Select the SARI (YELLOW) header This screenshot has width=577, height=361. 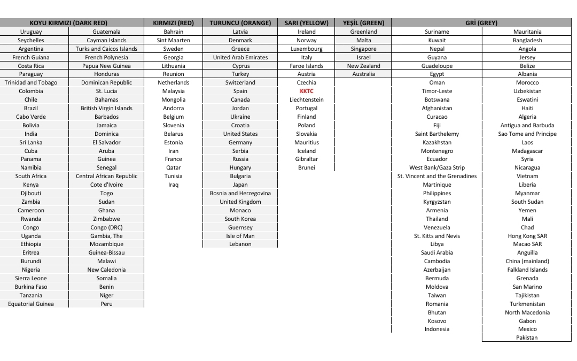(306, 23)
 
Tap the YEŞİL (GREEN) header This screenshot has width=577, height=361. (363, 23)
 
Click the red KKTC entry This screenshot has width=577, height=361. (306, 91)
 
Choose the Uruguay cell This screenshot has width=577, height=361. (31, 32)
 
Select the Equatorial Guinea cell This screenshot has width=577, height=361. (31, 304)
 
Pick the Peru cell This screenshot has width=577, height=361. (106, 304)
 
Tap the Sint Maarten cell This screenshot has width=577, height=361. (173, 40)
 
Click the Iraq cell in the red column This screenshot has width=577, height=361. (173, 185)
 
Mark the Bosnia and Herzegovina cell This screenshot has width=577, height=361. (240, 193)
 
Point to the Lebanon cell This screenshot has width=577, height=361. (240, 244)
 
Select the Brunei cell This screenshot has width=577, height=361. (306, 167)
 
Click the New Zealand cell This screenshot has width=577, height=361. (363, 66)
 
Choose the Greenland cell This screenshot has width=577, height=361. (363, 32)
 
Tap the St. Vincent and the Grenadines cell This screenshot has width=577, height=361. (436, 176)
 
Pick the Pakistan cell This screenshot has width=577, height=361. (527, 337)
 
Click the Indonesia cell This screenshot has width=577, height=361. (436, 329)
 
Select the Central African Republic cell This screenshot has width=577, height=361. (106, 176)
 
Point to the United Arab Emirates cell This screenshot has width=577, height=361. (240, 57)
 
